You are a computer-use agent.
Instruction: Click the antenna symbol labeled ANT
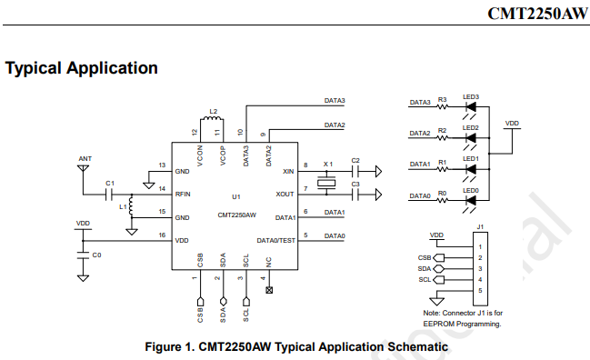coord(83,168)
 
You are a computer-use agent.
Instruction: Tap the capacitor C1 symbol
coord(109,195)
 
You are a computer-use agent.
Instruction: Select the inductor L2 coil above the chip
coord(212,119)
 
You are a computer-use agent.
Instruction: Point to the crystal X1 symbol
coord(326,184)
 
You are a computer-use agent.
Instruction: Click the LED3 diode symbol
coord(471,107)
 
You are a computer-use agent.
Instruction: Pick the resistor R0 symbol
coord(443,200)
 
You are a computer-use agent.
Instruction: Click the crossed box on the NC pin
coord(269,290)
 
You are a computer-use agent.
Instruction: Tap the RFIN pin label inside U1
coord(183,195)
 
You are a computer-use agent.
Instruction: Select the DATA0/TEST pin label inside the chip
coord(275,240)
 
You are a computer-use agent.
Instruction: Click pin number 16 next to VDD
coord(162,235)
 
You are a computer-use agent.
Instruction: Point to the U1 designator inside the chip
coord(236,196)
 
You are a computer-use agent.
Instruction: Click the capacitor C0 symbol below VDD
coord(83,255)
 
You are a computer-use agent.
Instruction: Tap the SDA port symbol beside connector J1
coord(439,268)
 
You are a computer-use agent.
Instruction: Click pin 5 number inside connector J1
coord(480,290)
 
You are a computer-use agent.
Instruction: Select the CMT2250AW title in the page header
coord(537,14)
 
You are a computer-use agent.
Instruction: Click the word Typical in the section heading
coord(33,69)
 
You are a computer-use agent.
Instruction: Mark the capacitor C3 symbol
coord(355,195)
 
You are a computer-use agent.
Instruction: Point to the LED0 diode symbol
coord(471,200)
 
